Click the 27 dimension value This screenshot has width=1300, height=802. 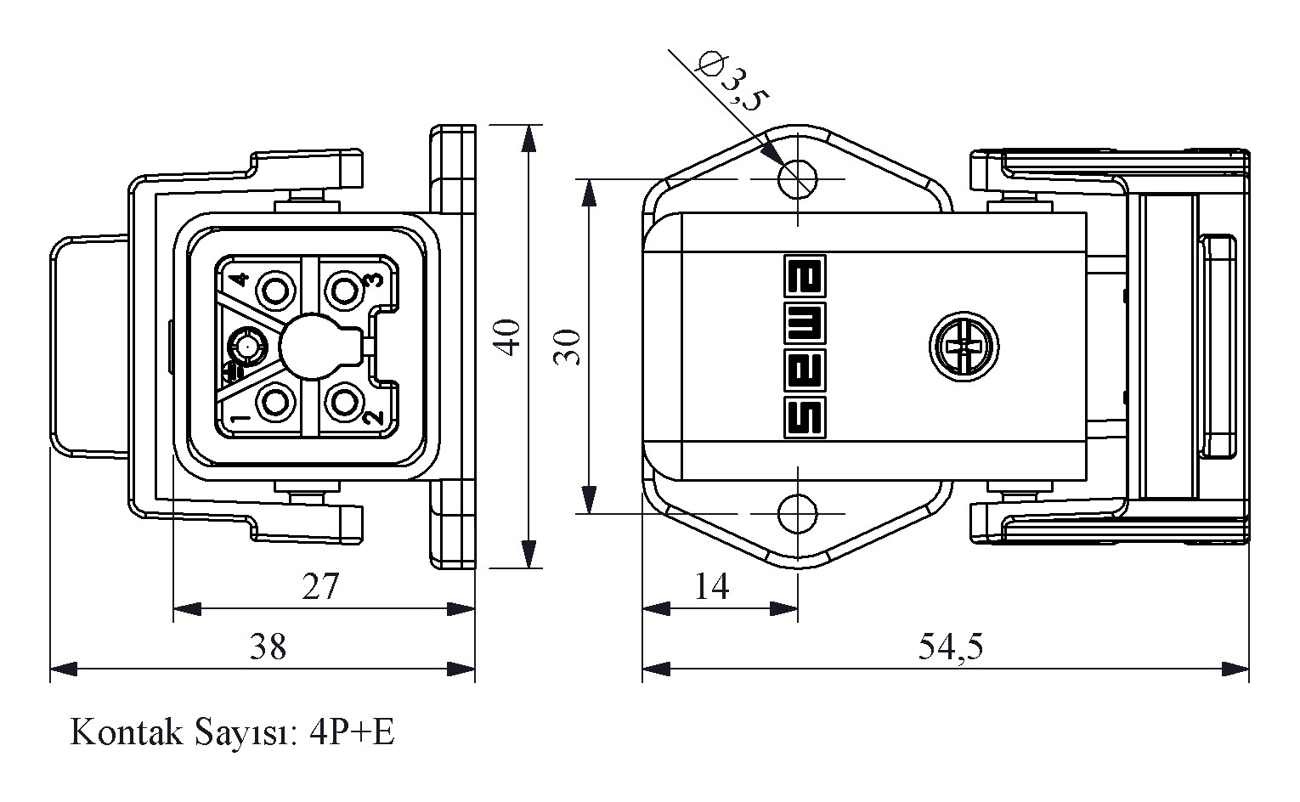point(320,586)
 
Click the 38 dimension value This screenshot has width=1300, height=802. point(268,647)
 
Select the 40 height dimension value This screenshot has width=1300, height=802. point(507,337)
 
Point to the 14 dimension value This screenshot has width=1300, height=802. point(711,586)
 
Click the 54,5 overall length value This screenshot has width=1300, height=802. point(950,647)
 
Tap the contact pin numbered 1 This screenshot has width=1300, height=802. point(275,403)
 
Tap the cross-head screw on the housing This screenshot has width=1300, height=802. point(963,347)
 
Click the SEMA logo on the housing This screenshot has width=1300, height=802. point(802,347)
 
